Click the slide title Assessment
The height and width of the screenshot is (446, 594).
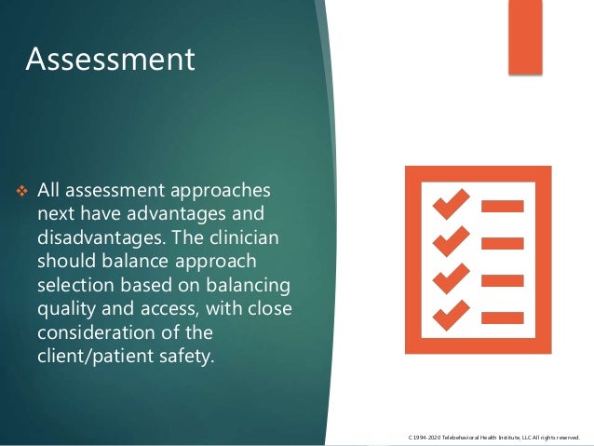click(110, 60)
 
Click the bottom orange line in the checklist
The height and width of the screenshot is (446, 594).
click(503, 316)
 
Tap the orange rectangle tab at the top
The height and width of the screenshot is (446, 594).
click(524, 35)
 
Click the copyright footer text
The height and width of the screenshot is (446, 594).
click(493, 437)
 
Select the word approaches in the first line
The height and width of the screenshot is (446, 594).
click(230, 191)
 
